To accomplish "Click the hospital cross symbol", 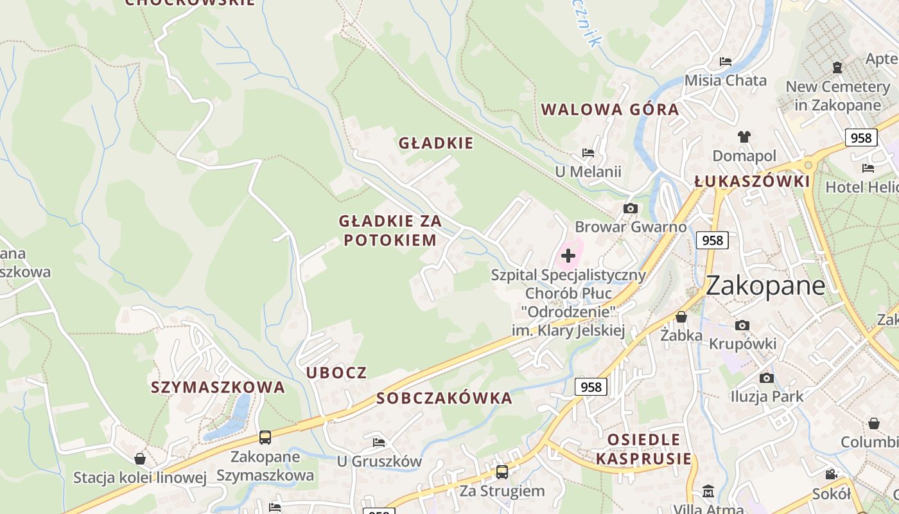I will (x=568, y=256).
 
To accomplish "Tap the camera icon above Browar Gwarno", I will (x=631, y=208).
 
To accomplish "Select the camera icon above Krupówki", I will (x=742, y=325).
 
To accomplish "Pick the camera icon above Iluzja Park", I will (x=766, y=378).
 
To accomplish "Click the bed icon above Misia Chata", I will (x=726, y=62).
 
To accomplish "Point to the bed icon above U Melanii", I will (x=588, y=153).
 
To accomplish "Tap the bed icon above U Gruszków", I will (x=379, y=442).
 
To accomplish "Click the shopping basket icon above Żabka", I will (x=681, y=317).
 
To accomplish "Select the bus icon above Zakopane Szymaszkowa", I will (x=265, y=438).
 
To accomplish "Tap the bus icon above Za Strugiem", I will (x=502, y=472).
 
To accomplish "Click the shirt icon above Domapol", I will (x=744, y=136).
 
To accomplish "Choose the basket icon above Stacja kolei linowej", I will (x=140, y=459).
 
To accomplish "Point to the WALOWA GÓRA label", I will (x=610, y=109).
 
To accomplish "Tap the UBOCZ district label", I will (x=336, y=373).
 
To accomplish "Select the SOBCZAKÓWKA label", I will (x=444, y=398).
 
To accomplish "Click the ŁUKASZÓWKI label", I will (x=752, y=182).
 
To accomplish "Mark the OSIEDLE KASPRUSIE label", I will (x=644, y=449).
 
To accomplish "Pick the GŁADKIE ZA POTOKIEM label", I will (x=390, y=231).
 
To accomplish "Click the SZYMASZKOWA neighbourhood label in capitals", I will (x=218, y=387).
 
